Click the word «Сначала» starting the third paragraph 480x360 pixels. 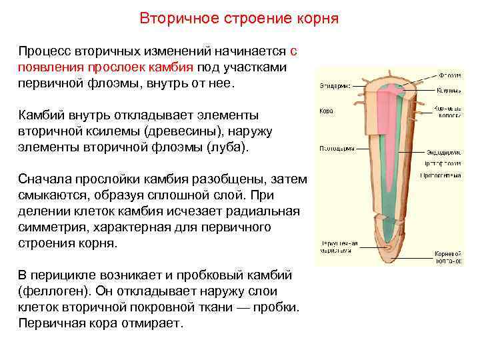pos(44,179)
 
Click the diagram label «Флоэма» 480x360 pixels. pos(449,74)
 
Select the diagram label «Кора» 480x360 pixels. pos(326,111)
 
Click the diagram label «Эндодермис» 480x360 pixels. pos(445,152)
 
